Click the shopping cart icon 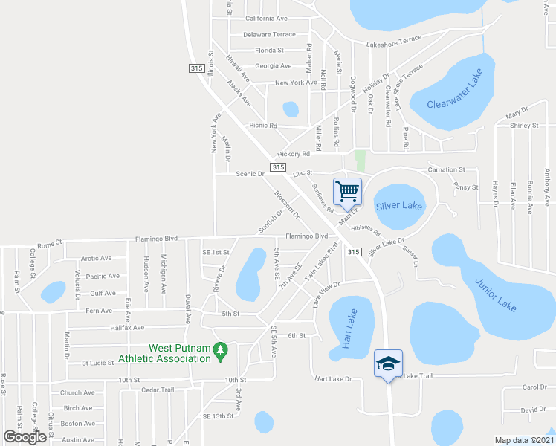[347, 191]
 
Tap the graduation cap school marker [387, 363]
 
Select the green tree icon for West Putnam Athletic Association [219, 349]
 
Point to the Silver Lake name [399, 205]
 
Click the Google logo [25, 436]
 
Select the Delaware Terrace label [269, 34]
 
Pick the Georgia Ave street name [274, 66]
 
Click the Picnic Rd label [263, 126]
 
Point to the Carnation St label [447, 169]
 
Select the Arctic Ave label [96, 259]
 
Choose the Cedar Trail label [157, 390]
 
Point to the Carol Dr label [534, 387]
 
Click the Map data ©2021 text [523, 439]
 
